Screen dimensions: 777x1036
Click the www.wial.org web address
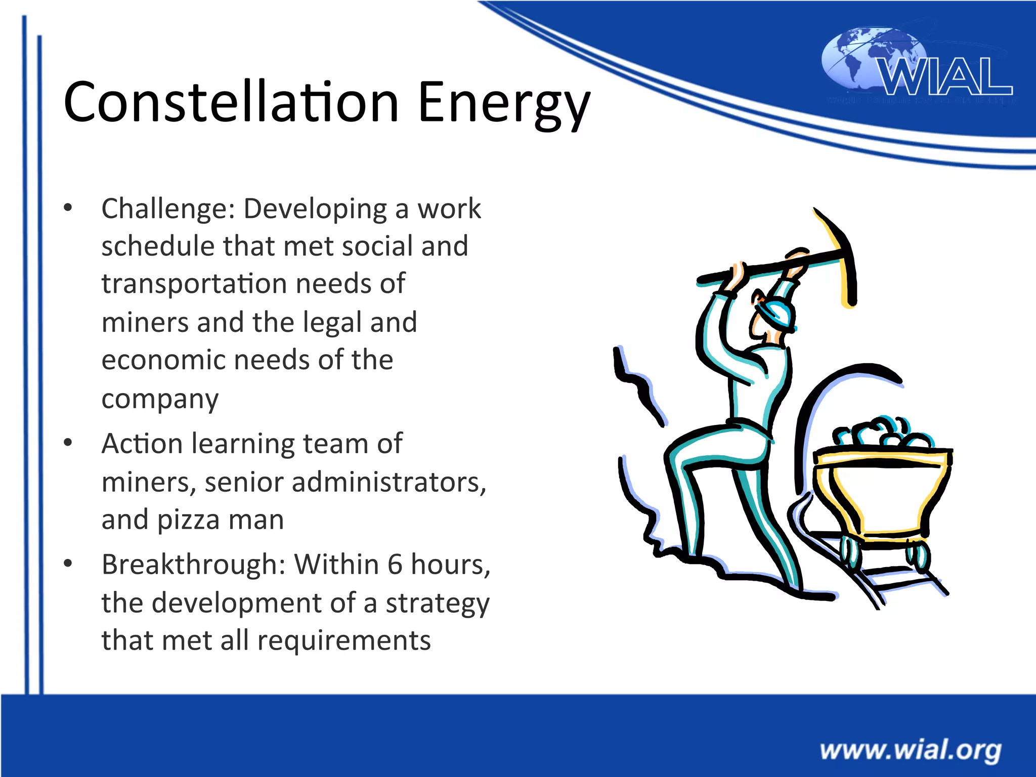pos(910,750)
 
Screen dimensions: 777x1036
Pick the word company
pos(160,400)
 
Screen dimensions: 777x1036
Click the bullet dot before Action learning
pos(68,443)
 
